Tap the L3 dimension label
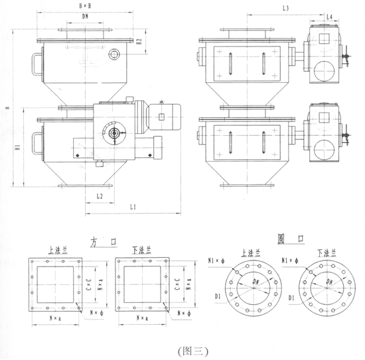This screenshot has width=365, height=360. [x=285, y=9]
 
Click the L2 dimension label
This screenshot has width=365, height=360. [x=99, y=197]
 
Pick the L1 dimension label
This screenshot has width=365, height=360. [x=133, y=208]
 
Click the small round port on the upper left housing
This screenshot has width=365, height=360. [x=117, y=55]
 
